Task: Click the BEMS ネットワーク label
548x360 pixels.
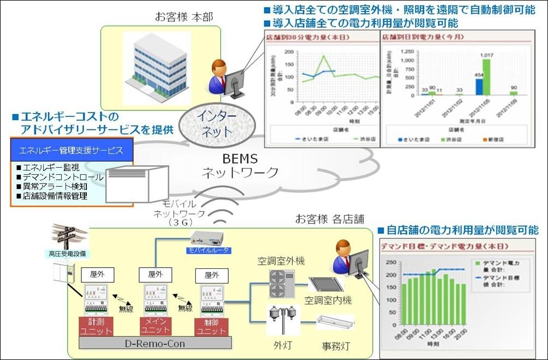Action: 240,167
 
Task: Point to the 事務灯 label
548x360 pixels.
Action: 334,346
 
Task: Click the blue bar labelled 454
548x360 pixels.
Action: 478,86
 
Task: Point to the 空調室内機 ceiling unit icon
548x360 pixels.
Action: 326,284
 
